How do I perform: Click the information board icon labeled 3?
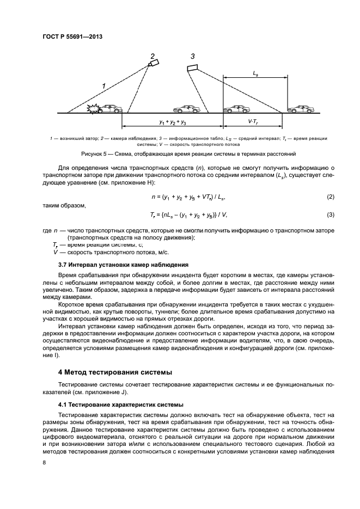pos(191,68)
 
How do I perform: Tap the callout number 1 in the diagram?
pos(103,85)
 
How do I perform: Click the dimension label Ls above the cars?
pos(255,72)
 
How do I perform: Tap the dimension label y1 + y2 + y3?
pos(172,123)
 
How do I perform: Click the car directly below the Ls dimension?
pos(237,109)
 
